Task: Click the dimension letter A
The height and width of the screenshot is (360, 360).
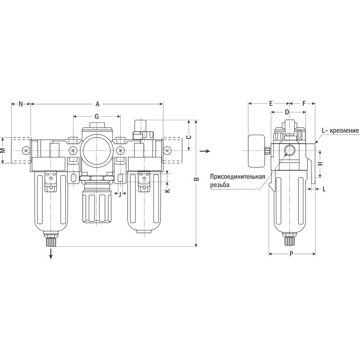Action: (x=98, y=104)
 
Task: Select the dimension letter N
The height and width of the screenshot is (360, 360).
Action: (x=21, y=104)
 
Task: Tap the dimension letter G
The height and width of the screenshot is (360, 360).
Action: (x=97, y=117)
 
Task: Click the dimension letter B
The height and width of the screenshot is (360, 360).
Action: (x=196, y=179)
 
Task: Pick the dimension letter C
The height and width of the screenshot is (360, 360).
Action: (x=188, y=137)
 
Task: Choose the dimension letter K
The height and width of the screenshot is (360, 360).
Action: (x=168, y=190)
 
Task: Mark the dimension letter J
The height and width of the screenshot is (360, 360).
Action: (x=120, y=194)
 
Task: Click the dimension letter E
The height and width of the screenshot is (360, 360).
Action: (x=271, y=103)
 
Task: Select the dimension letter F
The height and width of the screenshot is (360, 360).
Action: (x=304, y=103)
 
